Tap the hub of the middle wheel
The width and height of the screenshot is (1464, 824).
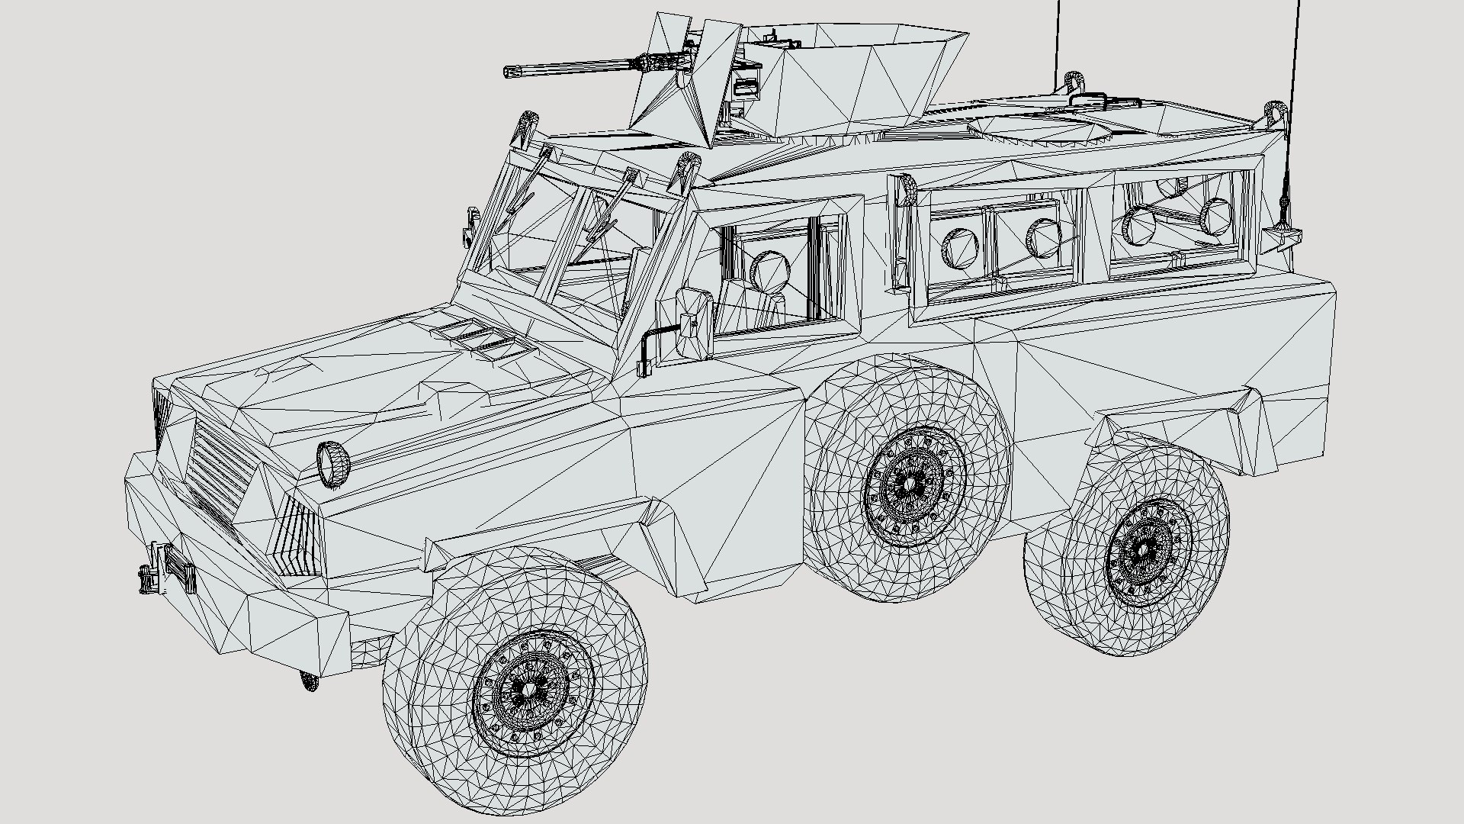point(909,482)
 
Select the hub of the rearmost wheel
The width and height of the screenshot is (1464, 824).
point(1144,548)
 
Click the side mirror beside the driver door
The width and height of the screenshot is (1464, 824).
point(695,323)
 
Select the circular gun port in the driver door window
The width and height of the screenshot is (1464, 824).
point(769,271)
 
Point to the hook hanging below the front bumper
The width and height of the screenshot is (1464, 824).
point(308,681)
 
